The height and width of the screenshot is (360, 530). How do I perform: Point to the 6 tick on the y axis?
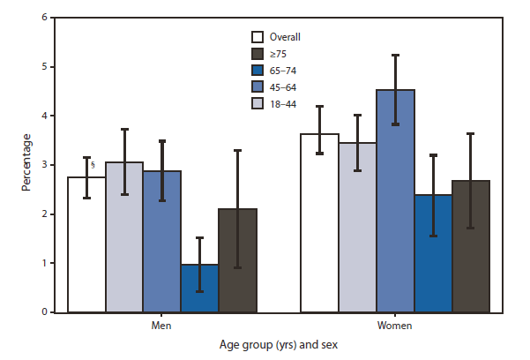point(41,18)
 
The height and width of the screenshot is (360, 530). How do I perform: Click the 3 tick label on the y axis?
point(41,165)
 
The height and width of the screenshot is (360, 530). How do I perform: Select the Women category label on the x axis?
point(396,326)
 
